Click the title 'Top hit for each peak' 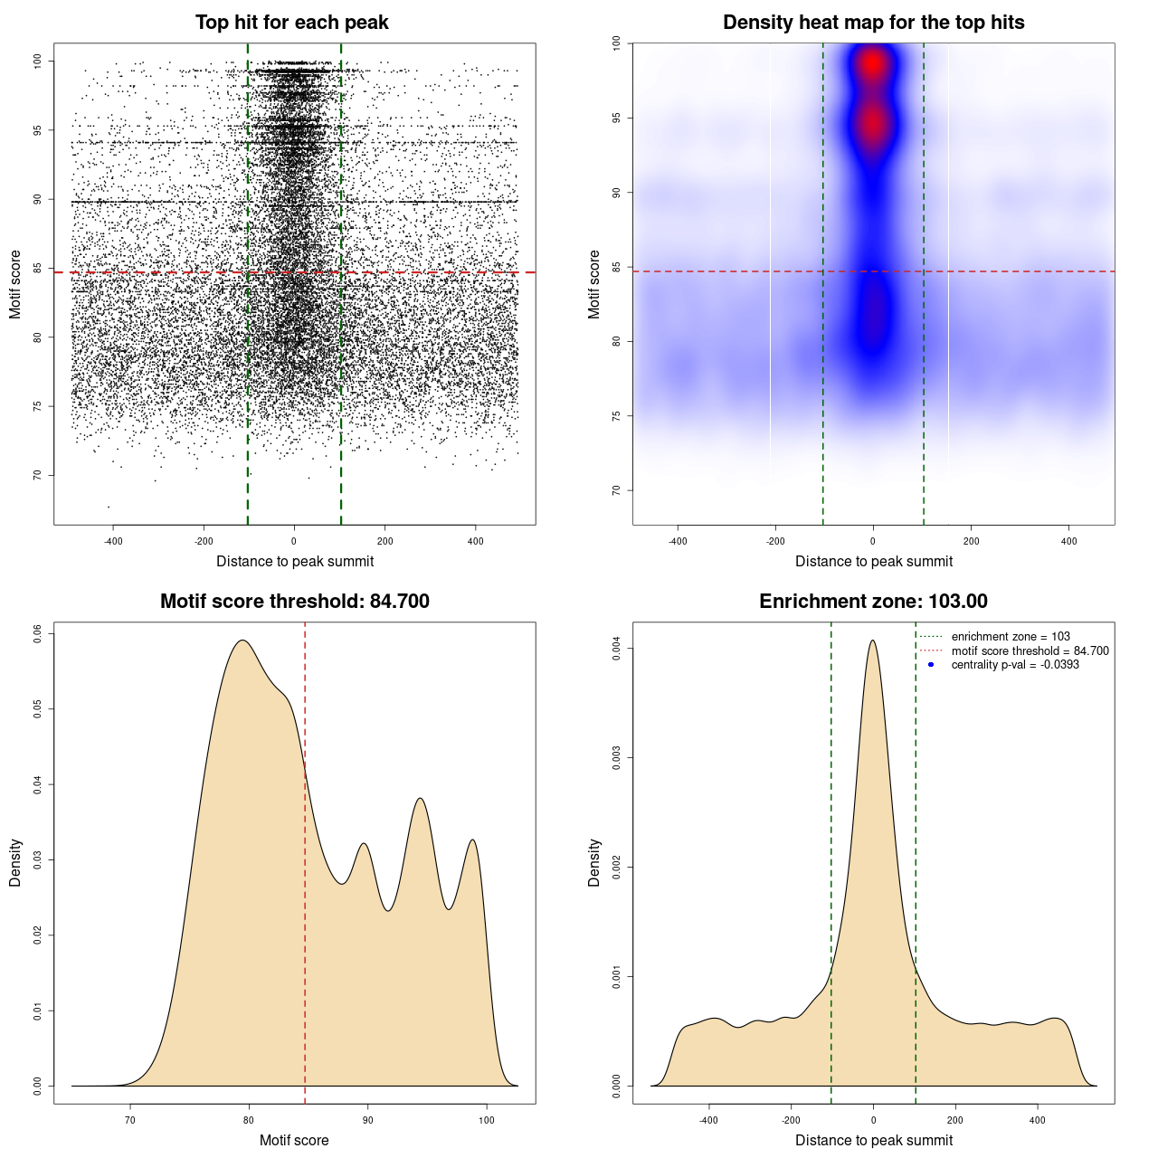tap(291, 23)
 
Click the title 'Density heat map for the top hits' tap(873, 23)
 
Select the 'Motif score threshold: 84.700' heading tap(294, 602)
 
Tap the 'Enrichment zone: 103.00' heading tap(873, 602)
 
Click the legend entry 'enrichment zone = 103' tap(1011, 637)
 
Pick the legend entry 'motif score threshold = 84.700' tap(1030, 650)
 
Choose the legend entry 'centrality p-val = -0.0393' tap(1015, 665)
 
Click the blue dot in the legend tap(931, 665)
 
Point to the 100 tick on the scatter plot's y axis tap(38, 61)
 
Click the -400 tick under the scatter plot tap(113, 541)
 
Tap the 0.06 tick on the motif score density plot tap(38, 633)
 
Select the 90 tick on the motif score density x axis tap(367, 1120)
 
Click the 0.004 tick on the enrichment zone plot tap(617, 648)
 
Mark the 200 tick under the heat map tap(971, 541)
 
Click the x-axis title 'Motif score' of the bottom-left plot tap(294, 1140)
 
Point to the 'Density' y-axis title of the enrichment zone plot tap(594, 862)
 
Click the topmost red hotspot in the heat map tap(872, 63)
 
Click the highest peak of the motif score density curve tap(242, 641)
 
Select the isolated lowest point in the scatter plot tap(109, 507)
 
